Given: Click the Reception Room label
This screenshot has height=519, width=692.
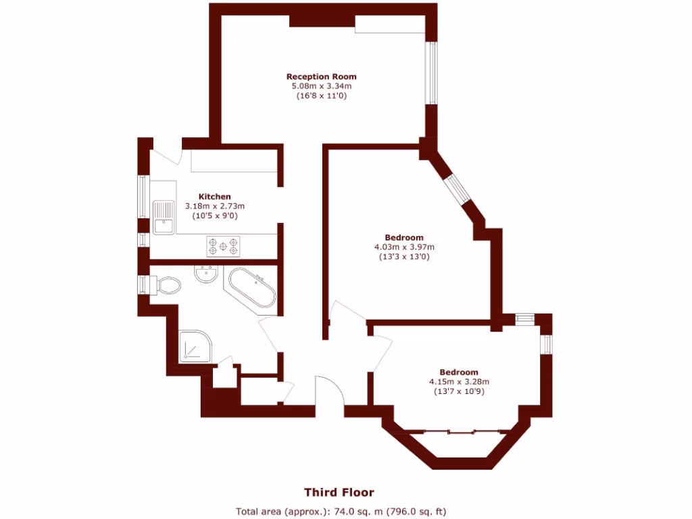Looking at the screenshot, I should [321, 76].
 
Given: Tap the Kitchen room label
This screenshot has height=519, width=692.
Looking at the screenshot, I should [214, 197].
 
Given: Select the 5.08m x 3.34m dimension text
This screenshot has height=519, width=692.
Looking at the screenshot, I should [321, 86].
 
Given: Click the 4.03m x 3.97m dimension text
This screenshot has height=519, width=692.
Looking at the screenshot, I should [404, 247].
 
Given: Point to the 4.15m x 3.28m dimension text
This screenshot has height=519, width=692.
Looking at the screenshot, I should [459, 382].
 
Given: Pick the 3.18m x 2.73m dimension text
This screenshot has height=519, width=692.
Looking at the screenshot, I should [214, 206].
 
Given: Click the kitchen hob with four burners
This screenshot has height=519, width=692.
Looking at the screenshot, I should [224, 246].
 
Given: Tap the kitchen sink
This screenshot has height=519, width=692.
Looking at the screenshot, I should [162, 217].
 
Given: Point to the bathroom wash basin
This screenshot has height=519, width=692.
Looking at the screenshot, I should [205, 274].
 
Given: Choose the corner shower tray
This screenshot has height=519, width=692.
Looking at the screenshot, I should [196, 348].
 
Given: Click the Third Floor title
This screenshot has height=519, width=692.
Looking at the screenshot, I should [339, 492].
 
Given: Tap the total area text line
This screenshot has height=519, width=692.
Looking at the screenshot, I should [341, 511].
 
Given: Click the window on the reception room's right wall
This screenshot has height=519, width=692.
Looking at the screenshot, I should [430, 74].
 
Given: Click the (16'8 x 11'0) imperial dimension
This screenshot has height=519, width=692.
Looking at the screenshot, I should [321, 96].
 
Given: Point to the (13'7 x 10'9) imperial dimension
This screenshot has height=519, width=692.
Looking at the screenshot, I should [459, 391].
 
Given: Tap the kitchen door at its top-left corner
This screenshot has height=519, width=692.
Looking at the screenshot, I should [166, 156].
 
